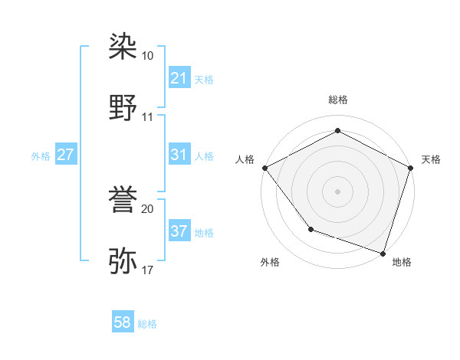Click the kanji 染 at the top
(x=123, y=47)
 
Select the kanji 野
(x=123, y=107)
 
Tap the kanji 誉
(x=123, y=201)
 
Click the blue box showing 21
(x=179, y=78)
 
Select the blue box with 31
(x=179, y=155)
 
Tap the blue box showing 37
(x=179, y=231)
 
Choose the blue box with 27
(x=65, y=155)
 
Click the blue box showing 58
(x=123, y=323)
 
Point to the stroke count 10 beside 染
(x=148, y=56)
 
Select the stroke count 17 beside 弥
(x=148, y=270)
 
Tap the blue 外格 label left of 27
(x=41, y=155)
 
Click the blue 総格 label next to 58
(x=147, y=324)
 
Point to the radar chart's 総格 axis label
(x=337, y=100)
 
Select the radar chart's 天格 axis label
(x=431, y=159)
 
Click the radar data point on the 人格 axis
(x=264, y=167)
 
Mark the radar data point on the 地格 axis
(x=383, y=252)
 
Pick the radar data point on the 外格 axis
(x=310, y=228)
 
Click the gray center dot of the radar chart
(x=337, y=191)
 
